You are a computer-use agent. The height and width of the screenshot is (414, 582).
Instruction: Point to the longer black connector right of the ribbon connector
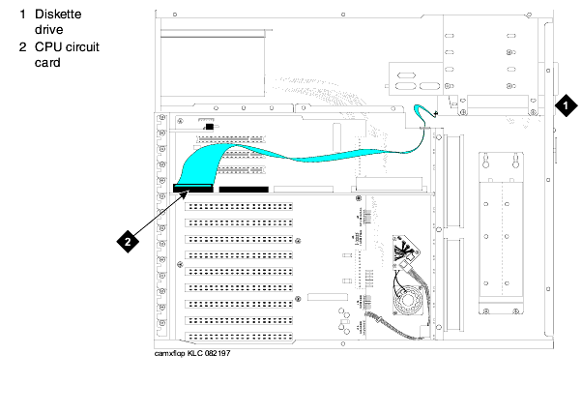point(243,189)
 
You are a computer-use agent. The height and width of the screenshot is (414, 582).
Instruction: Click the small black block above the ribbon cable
point(210,126)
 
